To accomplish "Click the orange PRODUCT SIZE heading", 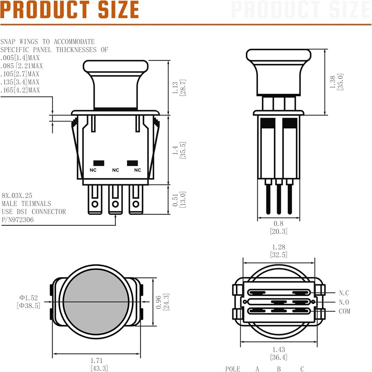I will pos(70,10).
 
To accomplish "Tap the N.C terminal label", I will pos(344,293).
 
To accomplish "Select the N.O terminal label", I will pos(344,302).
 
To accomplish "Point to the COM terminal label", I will pos(344,311).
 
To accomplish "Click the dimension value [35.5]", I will pos(183,149).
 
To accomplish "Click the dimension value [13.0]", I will pos(183,199).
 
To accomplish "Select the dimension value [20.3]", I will pos(279,231).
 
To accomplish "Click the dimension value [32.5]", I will pos(279,254).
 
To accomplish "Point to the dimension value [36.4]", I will pos(279,357).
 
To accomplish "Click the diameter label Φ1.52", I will pos(29,298).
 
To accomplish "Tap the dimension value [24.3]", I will pos(166,301).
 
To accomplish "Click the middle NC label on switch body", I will pos(115,170).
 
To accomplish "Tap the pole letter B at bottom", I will pos(279,369).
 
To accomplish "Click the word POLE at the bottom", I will pos(233,369).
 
